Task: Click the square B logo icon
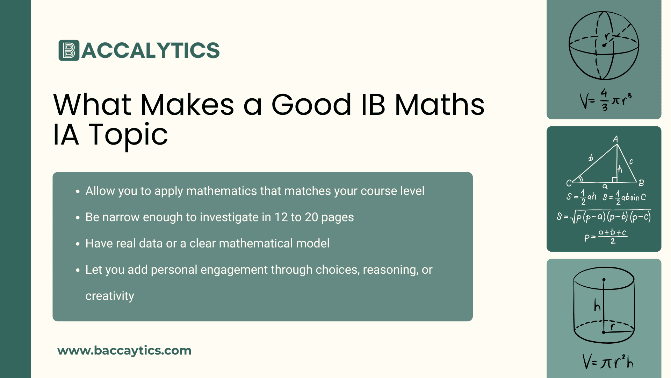pyautogui.click(x=69, y=50)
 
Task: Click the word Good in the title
pyautogui.click(x=311, y=105)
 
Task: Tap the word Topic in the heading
pyautogui.click(x=128, y=135)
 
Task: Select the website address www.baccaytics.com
pyautogui.click(x=124, y=350)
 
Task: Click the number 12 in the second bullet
pyautogui.click(x=281, y=217)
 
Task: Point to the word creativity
pyautogui.click(x=110, y=296)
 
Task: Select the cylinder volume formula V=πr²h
pyautogui.click(x=608, y=362)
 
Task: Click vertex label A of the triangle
pyautogui.click(x=615, y=139)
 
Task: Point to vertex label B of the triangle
pyautogui.click(x=641, y=183)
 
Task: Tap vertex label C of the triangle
pyautogui.click(x=569, y=183)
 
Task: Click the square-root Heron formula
pyautogui.click(x=604, y=217)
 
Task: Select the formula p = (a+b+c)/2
pyautogui.click(x=606, y=237)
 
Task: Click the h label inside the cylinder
pyautogui.click(x=597, y=306)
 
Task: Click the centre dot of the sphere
pyautogui.click(x=604, y=45)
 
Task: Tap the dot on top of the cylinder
pyautogui.click(x=604, y=280)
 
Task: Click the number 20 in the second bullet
pyautogui.click(x=311, y=217)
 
